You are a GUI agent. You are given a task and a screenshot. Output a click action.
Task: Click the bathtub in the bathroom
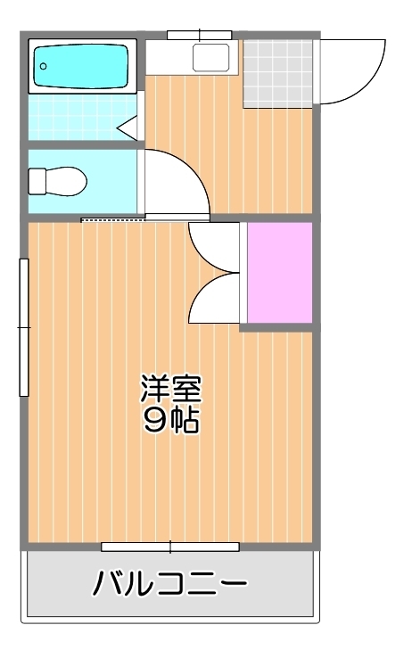(82, 65)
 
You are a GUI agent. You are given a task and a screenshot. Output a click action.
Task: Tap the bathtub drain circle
(43, 65)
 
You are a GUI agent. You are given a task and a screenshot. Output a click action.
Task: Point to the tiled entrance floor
(277, 72)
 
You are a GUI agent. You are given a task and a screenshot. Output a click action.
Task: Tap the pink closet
(279, 272)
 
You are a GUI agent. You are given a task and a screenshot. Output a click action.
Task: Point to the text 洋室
(170, 389)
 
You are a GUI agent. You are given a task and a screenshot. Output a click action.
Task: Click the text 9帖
(170, 420)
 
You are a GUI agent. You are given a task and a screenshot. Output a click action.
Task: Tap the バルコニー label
(169, 585)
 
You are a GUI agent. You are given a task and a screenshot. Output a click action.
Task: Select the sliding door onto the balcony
(169, 547)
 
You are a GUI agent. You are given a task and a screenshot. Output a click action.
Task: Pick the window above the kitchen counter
(199, 35)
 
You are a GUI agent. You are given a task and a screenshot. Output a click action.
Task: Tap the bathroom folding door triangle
(128, 125)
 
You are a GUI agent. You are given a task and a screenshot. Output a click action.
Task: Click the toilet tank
(37, 181)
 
